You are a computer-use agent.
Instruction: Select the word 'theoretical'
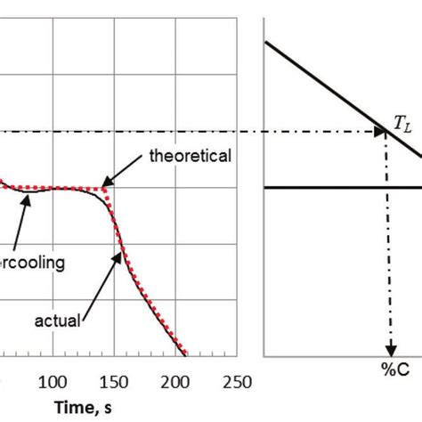coord(191,156)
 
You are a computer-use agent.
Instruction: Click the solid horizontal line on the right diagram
coord(338,187)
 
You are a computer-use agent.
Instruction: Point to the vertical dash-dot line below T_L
coord(389,249)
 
